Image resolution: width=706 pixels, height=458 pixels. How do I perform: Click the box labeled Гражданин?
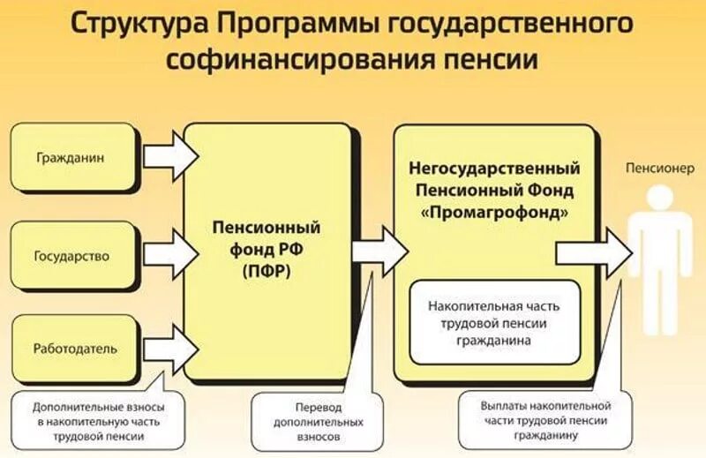pos(74,159)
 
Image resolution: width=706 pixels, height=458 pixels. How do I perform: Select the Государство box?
pos(74,257)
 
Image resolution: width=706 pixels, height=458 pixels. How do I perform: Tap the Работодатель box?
pos(74,348)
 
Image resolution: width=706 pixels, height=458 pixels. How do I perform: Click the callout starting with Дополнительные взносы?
pos(99,421)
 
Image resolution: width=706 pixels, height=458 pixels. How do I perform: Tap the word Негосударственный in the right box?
pos(494,168)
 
